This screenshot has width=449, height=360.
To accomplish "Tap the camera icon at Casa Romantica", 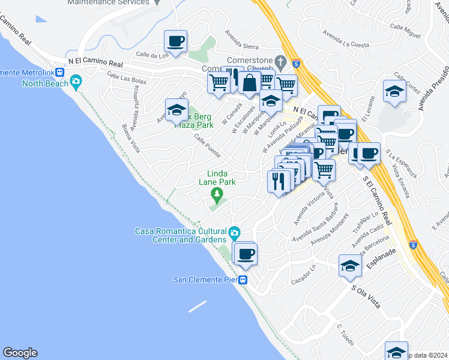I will pyautogui.click(x=235, y=232).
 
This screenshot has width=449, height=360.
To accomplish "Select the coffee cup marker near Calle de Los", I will pyautogui.click(x=176, y=42).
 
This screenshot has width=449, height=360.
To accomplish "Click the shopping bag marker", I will pyautogui.click(x=250, y=83).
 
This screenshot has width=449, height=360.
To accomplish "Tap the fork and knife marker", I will pyautogui.click(x=279, y=181).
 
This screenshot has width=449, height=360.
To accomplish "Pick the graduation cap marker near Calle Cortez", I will pyautogui.click(x=394, y=91).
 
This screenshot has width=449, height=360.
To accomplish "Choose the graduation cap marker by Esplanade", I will pyautogui.click(x=350, y=265).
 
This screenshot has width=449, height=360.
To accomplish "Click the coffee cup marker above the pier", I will pyautogui.click(x=245, y=254).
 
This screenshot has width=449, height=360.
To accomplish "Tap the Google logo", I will pyautogui.click(x=20, y=353).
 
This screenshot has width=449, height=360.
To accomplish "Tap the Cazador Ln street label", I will pyautogui.click(x=303, y=275).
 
